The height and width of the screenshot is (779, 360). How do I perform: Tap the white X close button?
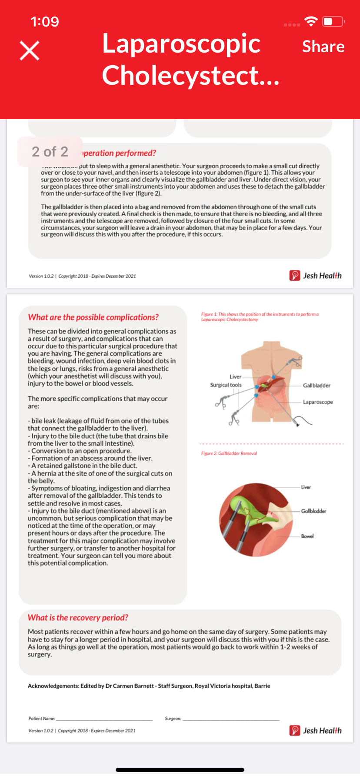click(30, 51)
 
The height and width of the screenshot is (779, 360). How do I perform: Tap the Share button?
click(323, 47)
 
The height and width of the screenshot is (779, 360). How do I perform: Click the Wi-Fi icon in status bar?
click(311, 21)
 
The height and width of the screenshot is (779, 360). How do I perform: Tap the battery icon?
click(333, 21)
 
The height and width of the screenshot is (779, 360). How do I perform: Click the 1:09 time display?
click(45, 22)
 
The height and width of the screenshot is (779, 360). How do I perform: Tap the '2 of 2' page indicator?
click(50, 151)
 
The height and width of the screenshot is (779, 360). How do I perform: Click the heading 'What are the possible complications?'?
click(93, 317)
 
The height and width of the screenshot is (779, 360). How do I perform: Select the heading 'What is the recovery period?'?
click(78, 618)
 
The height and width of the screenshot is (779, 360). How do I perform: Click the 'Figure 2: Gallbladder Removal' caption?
click(229, 453)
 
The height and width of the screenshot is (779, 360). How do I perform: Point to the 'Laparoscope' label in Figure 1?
click(318, 402)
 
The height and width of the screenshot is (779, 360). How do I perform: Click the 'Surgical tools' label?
click(226, 385)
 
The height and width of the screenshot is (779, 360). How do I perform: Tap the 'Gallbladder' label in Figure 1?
click(317, 386)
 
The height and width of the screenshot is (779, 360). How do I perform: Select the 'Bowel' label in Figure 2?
click(307, 536)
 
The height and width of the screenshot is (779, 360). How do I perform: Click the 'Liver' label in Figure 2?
click(306, 487)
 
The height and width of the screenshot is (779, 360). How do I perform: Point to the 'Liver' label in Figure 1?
click(235, 377)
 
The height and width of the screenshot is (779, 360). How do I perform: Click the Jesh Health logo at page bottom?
click(316, 731)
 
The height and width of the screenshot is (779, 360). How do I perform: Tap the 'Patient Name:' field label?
click(42, 719)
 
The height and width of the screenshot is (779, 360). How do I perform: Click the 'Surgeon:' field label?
click(173, 719)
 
